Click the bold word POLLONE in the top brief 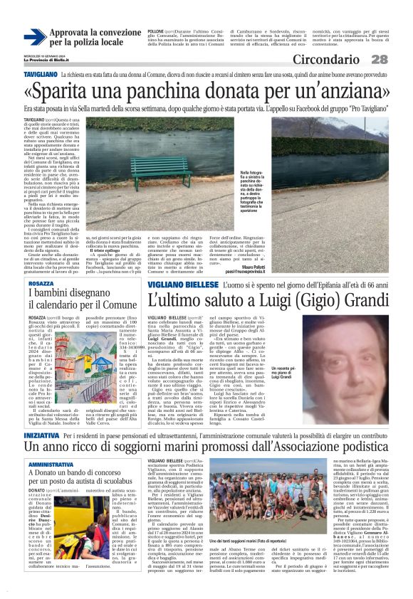point(156,33)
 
